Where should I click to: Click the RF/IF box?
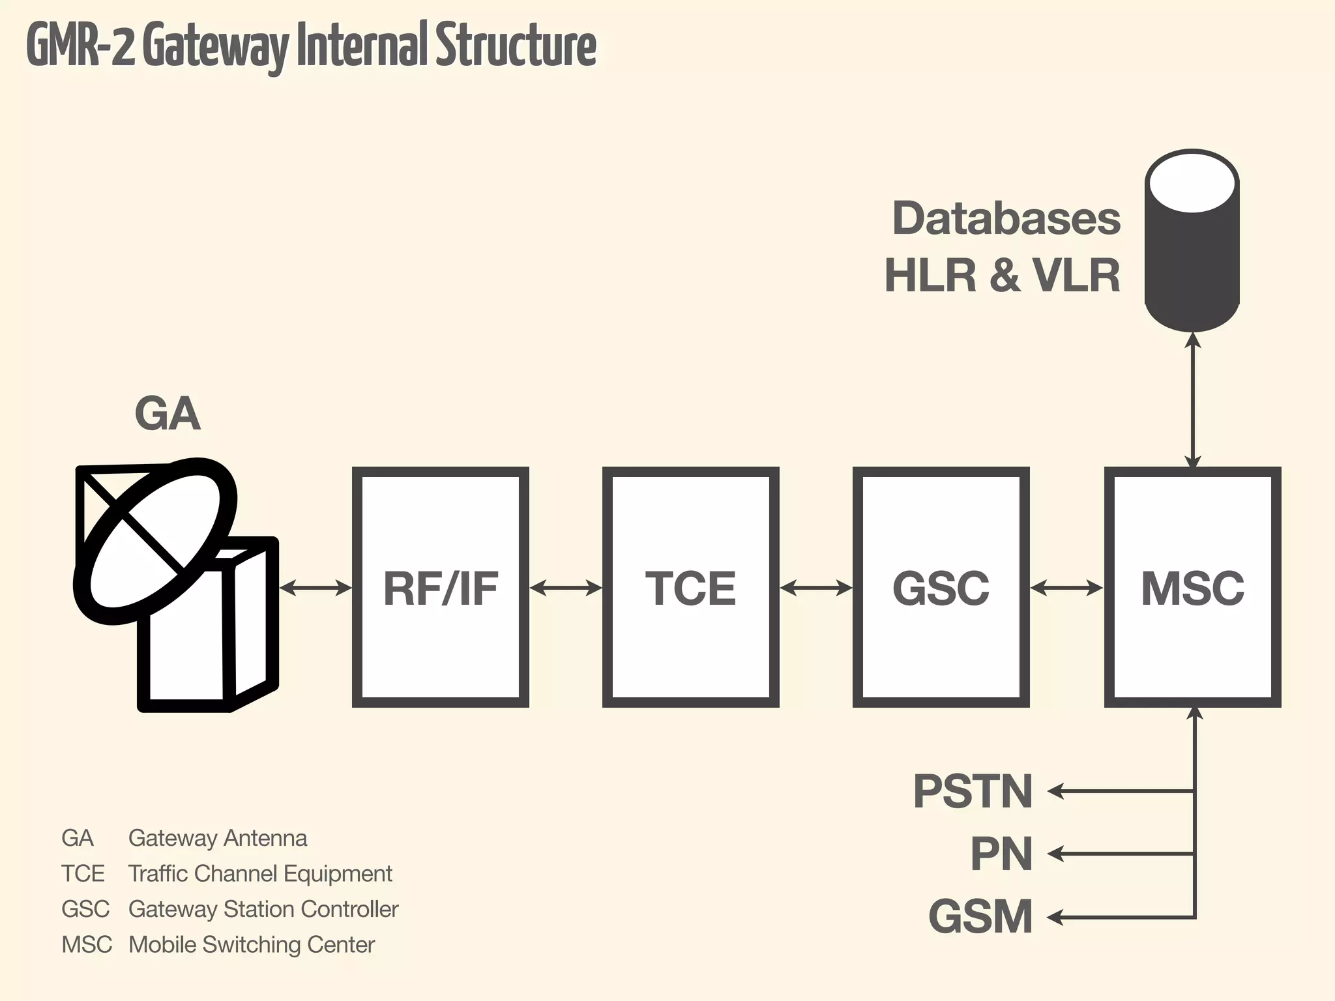pyautogui.click(x=440, y=587)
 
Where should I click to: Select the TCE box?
pyautogui.click(x=690, y=587)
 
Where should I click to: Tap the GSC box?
pyautogui.click(x=941, y=587)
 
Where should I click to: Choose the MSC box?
pyautogui.click(x=1192, y=587)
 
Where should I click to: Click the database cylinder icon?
pyautogui.click(x=1192, y=241)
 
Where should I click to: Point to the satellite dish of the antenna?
pyautogui.click(x=155, y=541)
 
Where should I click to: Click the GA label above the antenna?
pyautogui.click(x=168, y=414)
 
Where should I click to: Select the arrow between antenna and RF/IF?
pyautogui.click(x=315, y=588)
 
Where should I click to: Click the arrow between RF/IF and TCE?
pyautogui.click(x=566, y=588)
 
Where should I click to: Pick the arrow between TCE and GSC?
pyautogui.click(x=816, y=588)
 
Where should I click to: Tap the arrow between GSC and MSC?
pyautogui.click(x=1067, y=588)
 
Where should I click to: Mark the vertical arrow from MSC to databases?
pyautogui.click(x=1192, y=400)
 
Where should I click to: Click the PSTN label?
pyautogui.click(x=973, y=791)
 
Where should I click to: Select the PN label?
pyautogui.click(x=1001, y=854)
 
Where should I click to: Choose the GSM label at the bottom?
pyautogui.click(x=980, y=916)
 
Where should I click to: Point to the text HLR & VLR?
pyautogui.click(x=1002, y=276)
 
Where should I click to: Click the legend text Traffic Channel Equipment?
pyautogui.click(x=260, y=873)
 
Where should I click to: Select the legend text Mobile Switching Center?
pyautogui.click(x=251, y=944)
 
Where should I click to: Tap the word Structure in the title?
pyautogui.click(x=516, y=46)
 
